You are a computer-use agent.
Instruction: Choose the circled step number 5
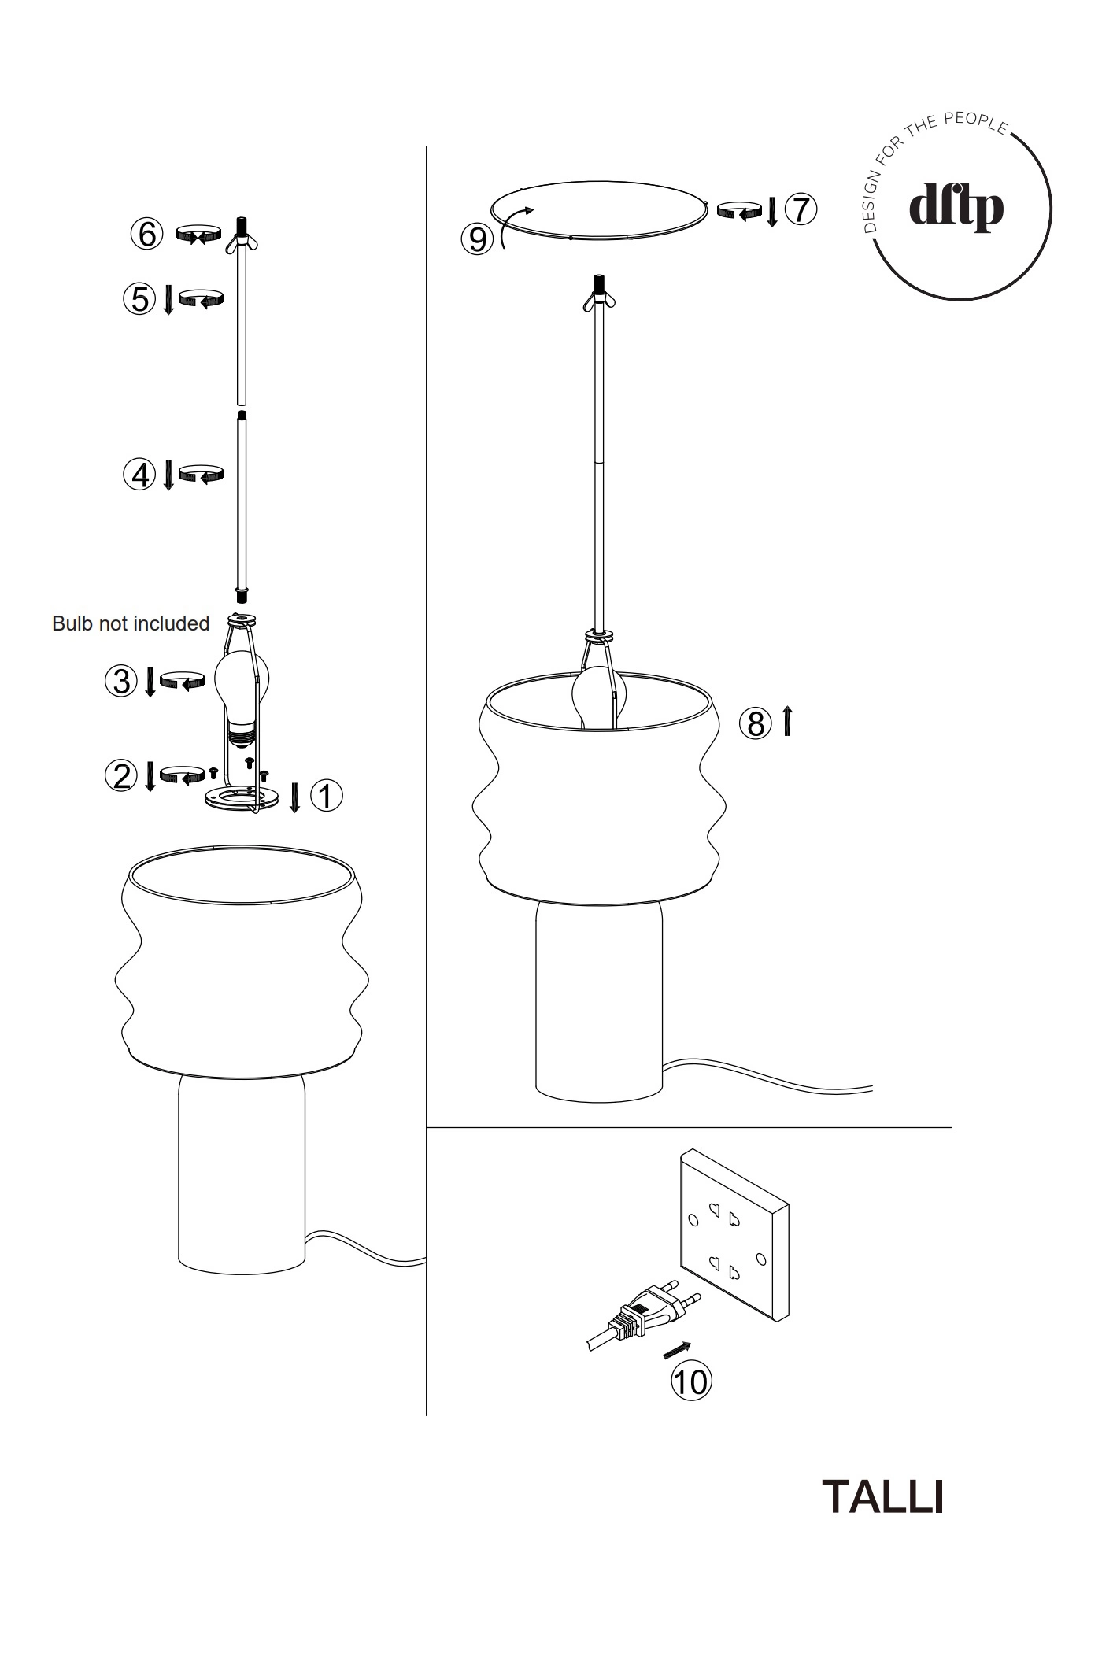[139, 299]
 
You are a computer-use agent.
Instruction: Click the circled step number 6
[147, 234]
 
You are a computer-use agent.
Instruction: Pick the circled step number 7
[801, 209]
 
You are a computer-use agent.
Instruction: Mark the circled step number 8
[756, 723]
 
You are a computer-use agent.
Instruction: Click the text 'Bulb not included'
[131, 623]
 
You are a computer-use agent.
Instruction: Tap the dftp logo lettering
[956, 208]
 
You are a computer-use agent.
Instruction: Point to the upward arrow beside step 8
[787, 721]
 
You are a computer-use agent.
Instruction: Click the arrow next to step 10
[678, 1350]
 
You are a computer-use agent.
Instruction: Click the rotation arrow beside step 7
[741, 209]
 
